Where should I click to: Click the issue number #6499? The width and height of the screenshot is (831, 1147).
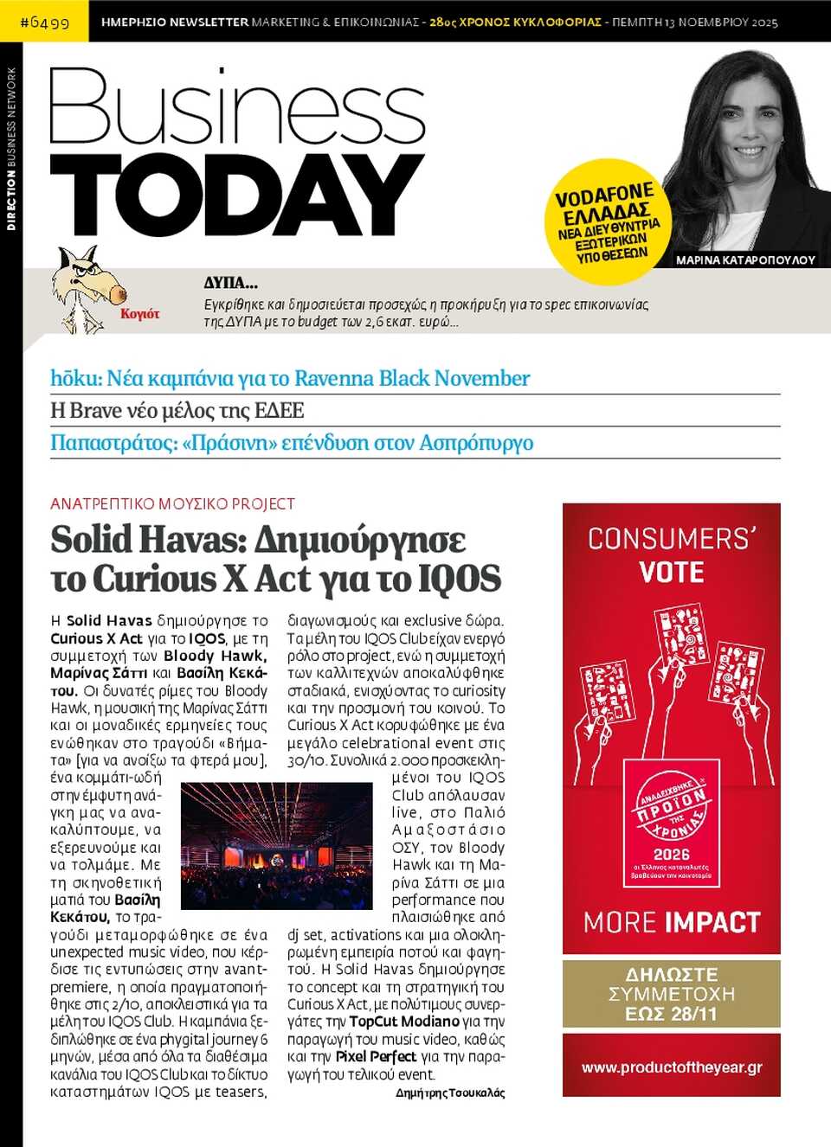coord(44,22)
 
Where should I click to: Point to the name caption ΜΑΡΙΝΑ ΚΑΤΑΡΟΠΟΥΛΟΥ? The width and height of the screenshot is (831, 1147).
coord(745,260)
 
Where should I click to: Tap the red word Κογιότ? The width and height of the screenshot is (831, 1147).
coord(139,314)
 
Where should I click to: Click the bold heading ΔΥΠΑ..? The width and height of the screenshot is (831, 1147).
coord(230,283)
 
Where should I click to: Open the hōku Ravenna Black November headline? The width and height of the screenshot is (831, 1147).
coord(290,378)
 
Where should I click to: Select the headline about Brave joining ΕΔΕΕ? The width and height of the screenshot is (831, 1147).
coord(177,410)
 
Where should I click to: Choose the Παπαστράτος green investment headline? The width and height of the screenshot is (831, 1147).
coord(292,443)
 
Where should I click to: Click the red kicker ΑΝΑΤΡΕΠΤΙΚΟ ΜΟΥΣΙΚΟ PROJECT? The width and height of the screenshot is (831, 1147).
coord(172,503)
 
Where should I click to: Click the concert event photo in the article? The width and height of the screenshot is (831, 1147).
coord(276,845)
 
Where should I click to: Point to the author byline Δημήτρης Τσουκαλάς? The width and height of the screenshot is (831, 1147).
coord(450,1093)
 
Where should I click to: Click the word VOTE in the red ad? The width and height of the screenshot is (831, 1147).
coord(672,573)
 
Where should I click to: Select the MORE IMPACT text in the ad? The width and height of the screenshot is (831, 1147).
coord(672,922)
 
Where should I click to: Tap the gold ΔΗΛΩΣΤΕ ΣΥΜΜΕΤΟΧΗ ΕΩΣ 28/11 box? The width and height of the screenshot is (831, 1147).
coord(672,994)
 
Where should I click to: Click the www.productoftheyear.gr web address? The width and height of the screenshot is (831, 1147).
coord(672,1067)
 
